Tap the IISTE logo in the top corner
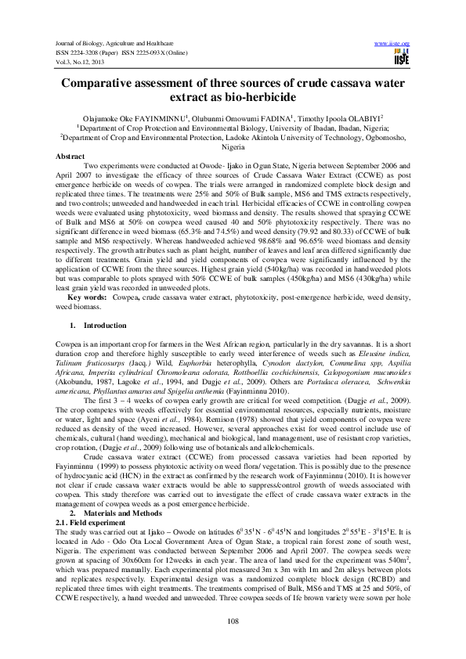[x=403, y=57]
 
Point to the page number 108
[x=232, y=621]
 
